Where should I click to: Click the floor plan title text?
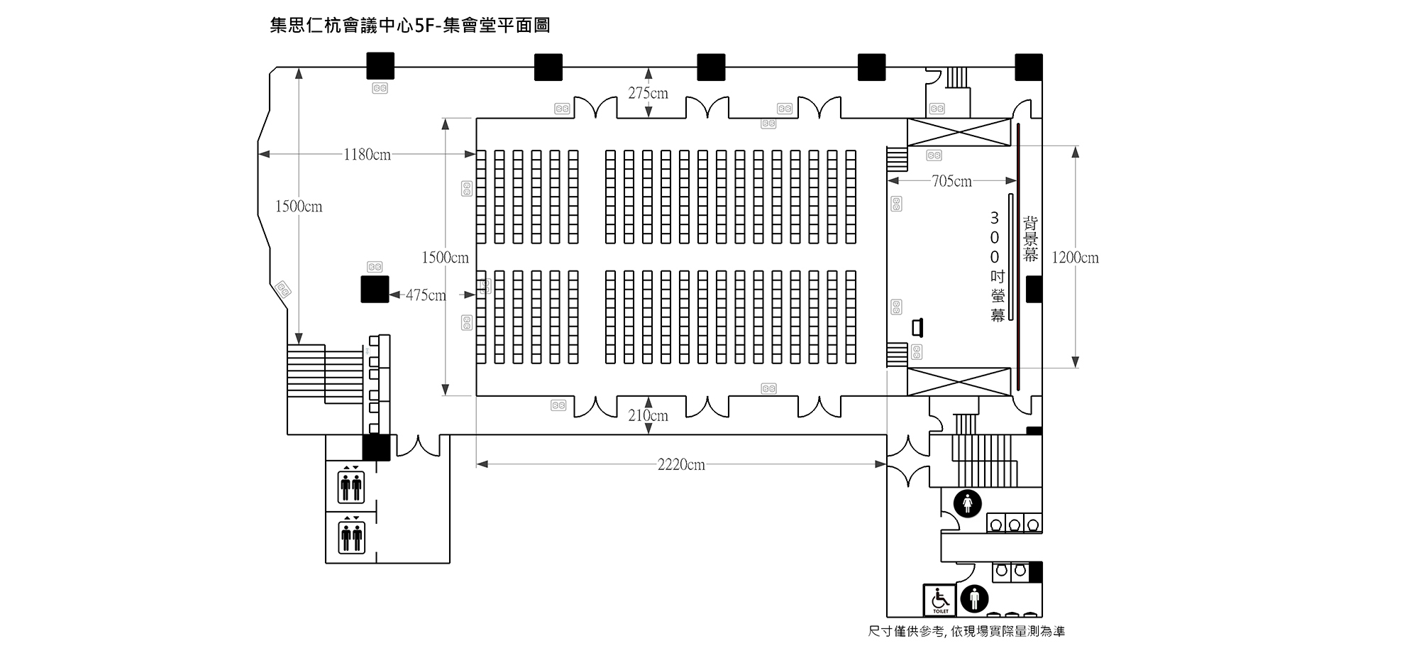(x=410, y=26)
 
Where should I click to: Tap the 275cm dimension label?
(x=648, y=93)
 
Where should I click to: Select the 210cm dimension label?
(x=648, y=416)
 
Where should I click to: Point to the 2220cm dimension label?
(x=681, y=465)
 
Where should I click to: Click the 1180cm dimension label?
(x=367, y=155)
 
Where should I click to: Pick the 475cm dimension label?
(x=426, y=295)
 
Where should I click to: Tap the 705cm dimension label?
(x=951, y=182)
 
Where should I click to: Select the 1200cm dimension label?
(x=1075, y=258)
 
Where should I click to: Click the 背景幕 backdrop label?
(x=1030, y=239)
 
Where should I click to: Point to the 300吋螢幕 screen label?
(x=998, y=266)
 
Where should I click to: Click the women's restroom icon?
(x=968, y=503)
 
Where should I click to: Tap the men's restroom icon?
(x=974, y=599)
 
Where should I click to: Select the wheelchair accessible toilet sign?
(x=940, y=600)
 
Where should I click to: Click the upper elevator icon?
(x=351, y=487)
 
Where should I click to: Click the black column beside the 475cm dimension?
(x=375, y=289)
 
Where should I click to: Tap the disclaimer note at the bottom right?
(x=966, y=631)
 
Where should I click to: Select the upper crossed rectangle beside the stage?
(x=959, y=133)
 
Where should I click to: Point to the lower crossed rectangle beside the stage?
(x=959, y=382)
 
